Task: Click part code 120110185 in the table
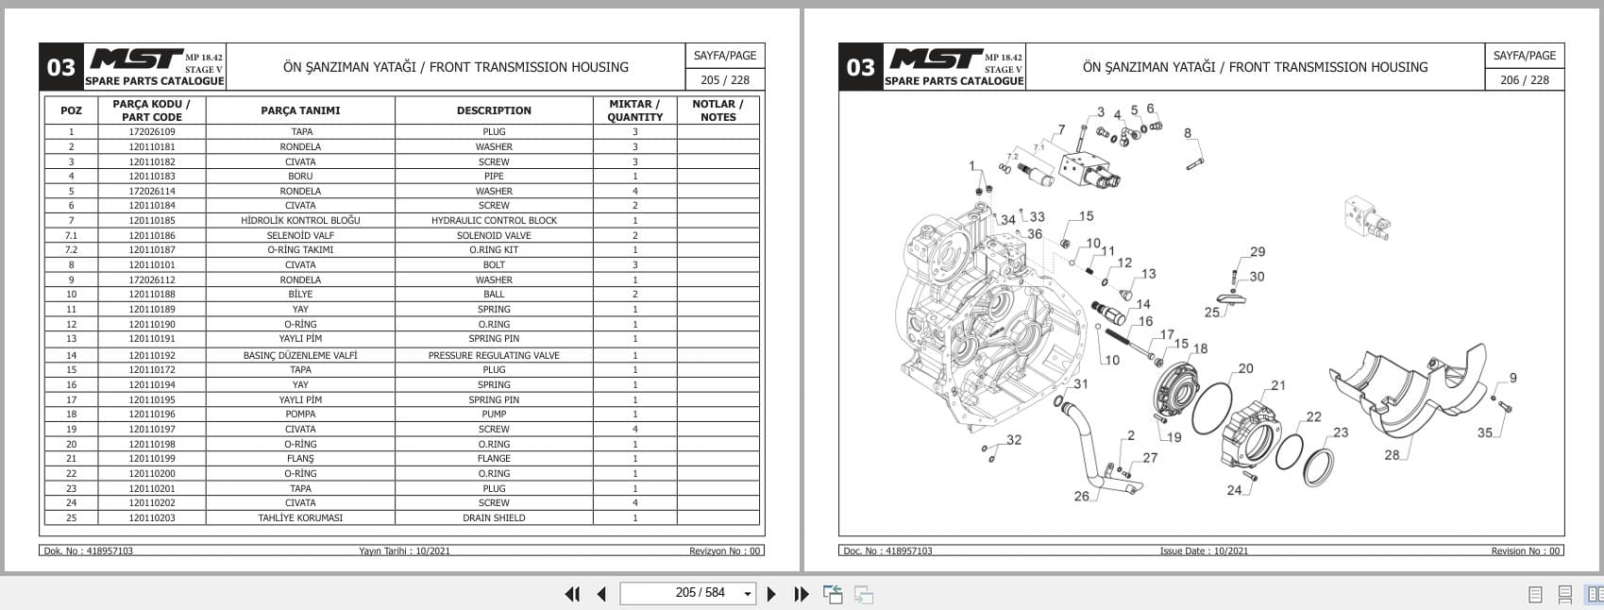click(152, 220)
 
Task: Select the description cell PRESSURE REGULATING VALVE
click(494, 355)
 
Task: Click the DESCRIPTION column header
click(494, 110)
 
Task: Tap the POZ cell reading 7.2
click(71, 250)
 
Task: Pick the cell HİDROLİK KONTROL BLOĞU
click(300, 220)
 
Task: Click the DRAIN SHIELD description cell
click(494, 517)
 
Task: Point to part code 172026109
click(152, 132)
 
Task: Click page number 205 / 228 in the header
click(725, 80)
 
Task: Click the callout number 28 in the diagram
click(1392, 455)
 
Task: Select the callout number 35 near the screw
click(1485, 432)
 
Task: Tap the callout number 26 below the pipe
click(1081, 496)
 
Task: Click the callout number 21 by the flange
click(1278, 385)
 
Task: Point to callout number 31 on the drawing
click(1080, 384)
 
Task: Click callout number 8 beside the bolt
click(1188, 133)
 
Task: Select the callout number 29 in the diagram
click(1258, 252)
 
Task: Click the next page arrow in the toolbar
click(771, 594)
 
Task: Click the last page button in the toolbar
click(802, 594)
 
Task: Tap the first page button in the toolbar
click(572, 594)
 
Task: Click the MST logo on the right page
click(935, 59)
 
